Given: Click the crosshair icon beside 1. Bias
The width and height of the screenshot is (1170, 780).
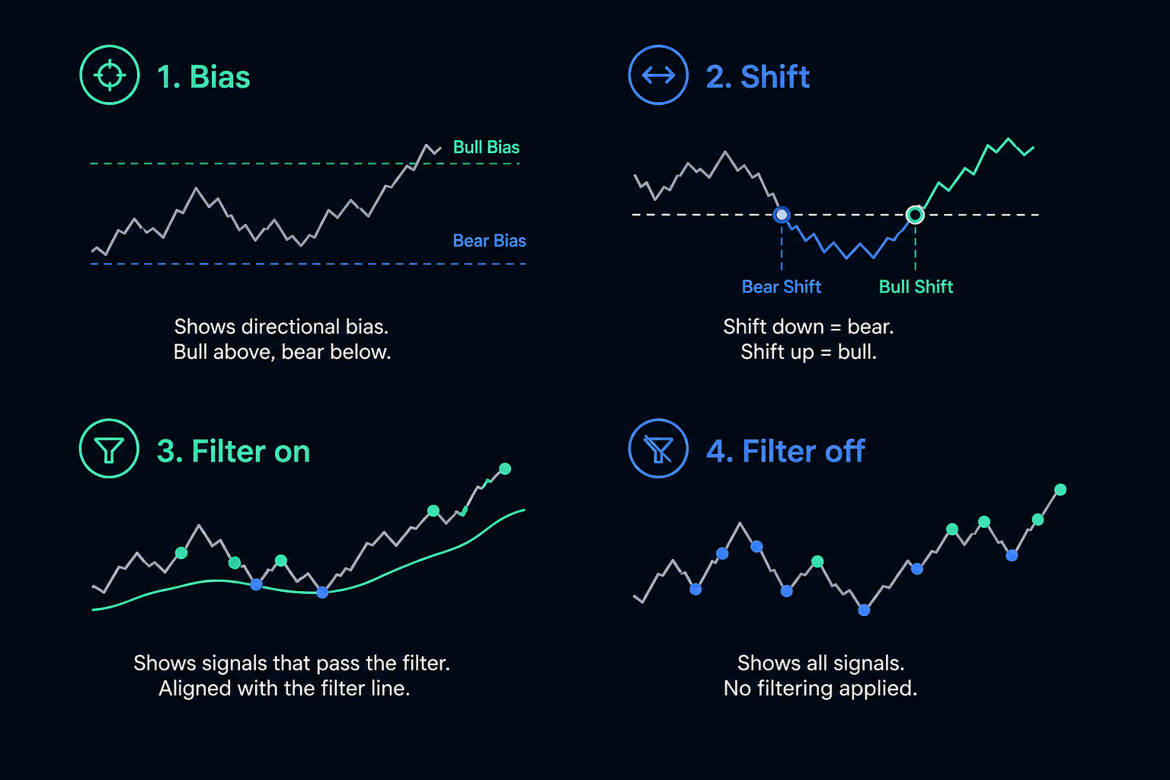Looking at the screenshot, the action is [x=110, y=75].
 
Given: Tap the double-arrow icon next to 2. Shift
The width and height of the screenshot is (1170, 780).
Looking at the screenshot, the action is [x=658, y=75].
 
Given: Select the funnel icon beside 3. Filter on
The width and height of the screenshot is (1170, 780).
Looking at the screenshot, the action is [x=109, y=449].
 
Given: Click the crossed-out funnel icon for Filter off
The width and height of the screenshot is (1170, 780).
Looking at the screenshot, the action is [x=658, y=449].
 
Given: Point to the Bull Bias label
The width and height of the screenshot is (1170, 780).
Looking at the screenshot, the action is [x=486, y=147].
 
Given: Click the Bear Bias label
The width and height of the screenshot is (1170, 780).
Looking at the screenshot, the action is [x=490, y=241].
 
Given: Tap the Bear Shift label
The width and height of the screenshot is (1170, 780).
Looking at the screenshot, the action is [x=782, y=287].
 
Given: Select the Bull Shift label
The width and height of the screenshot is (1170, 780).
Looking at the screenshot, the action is [x=916, y=287].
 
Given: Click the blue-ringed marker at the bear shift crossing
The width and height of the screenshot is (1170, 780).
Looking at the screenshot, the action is [x=782, y=215].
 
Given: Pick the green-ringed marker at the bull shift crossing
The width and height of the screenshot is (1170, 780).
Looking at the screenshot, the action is [x=915, y=215].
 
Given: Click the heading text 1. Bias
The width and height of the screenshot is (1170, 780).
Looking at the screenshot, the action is [x=203, y=77].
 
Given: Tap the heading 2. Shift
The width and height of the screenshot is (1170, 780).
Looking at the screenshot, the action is [x=758, y=77].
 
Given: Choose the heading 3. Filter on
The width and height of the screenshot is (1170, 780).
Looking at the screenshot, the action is [x=234, y=451].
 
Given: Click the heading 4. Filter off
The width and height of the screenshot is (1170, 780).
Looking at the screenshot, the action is [x=785, y=451].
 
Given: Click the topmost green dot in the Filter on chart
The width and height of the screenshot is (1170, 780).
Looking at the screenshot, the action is [x=505, y=469].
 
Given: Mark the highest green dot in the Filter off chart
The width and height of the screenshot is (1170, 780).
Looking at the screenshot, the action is [x=1060, y=490].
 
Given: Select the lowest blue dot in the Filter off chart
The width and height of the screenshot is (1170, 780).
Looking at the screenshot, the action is [x=865, y=610].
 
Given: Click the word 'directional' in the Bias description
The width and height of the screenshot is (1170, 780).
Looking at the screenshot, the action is [x=290, y=327].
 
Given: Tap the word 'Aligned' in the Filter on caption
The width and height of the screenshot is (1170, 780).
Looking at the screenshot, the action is [x=195, y=689].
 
